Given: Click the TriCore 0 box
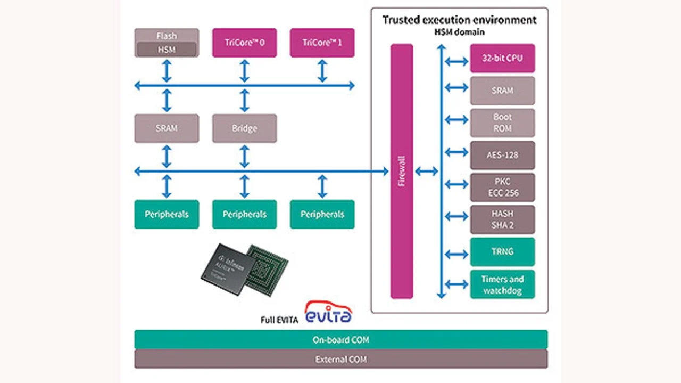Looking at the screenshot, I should [244, 43].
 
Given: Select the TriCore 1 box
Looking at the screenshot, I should [322, 43].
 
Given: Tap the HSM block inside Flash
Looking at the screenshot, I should [167, 49].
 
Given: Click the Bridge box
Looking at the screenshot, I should [244, 128].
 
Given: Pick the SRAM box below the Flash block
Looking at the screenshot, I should [167, 128].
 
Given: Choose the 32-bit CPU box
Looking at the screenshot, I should [502, 58].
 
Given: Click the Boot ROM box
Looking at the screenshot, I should [502, 123].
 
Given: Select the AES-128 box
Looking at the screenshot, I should [502, 155].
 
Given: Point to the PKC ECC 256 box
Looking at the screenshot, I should [502, 187].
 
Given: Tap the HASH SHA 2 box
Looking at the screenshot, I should [502, 219].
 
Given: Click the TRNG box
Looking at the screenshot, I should [502, 251].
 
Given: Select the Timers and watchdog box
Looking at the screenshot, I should [502, 284].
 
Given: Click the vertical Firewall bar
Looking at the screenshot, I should [402, 171].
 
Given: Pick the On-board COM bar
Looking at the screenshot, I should [340, 340].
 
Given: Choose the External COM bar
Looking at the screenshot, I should [340, 359].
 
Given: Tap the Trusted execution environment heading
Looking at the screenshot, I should [459, 20].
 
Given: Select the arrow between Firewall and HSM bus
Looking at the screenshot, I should [426, 171].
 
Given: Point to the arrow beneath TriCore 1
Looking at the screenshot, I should [322, 71].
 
